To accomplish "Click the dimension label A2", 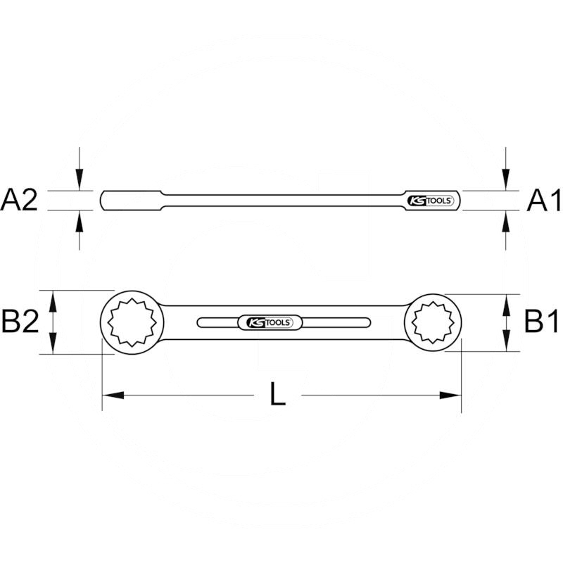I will coord(20,201).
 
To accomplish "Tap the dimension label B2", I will coord(20,322).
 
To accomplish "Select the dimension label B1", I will coord(542,322).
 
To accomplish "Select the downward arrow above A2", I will coord(80,182).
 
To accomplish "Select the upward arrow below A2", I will coord(80,219).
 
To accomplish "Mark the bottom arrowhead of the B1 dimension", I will coord(505,342).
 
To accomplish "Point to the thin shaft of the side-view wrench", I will coord(281,200).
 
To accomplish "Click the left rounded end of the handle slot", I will coord(203,322).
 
